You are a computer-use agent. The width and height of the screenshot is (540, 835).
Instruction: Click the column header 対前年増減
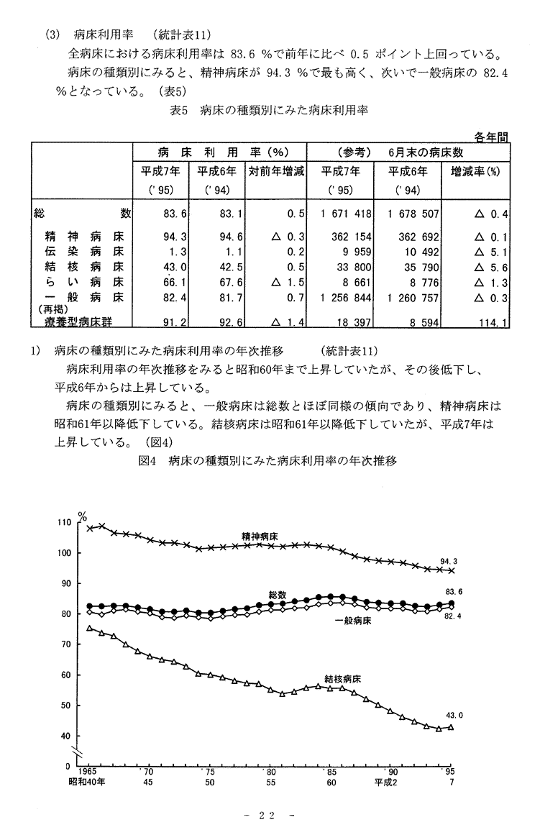point(276,171)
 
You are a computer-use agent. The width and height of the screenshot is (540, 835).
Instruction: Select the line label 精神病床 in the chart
point(260,537)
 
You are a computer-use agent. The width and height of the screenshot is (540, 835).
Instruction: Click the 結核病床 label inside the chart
point(342,678)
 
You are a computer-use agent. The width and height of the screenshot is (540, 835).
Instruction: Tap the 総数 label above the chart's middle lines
point(278,595)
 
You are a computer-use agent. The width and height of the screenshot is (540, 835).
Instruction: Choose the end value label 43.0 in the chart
point(456,716)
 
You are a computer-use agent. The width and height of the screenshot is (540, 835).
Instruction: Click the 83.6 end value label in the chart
point(454,592)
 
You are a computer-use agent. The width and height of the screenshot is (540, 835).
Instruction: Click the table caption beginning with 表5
point(269,110)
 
